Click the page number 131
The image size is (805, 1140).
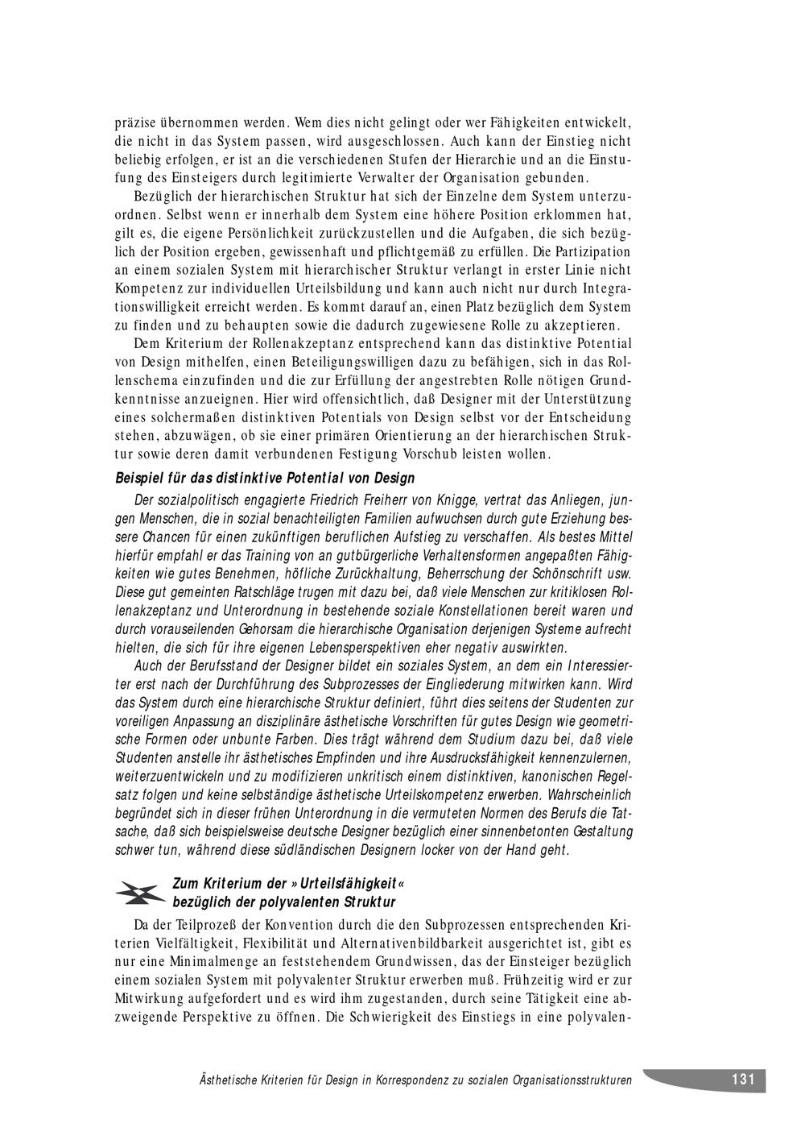tap(742, 1080)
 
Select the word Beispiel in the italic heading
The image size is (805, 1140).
tap(137, 479)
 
